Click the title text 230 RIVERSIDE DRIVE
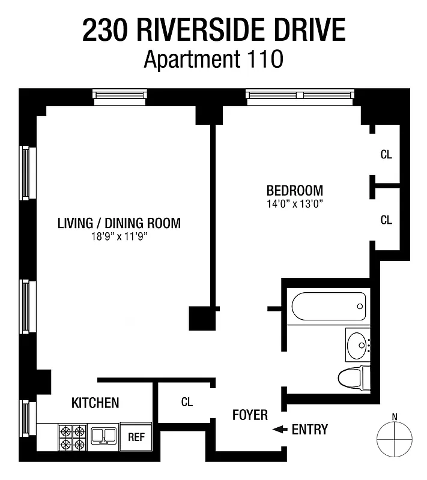[x=214, y=31]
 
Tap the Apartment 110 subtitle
[x=213, y=59]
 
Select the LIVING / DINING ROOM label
[x=119, y=223]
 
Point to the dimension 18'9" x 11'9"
[x=119, y=237]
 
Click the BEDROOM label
[x=294, y=190]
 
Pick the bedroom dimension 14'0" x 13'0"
[x=294, y=203]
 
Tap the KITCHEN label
[x=95, y=403]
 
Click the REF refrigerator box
[x=137, y=437]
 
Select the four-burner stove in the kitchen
[x=72, y=438]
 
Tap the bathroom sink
[x=359, y=344]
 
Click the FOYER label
[x=250, y=415]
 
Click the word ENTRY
[x=310, y=430]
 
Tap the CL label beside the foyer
[x=187, y=403]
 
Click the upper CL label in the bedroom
[x=386, y=154]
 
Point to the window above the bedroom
[x=300, y=95]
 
